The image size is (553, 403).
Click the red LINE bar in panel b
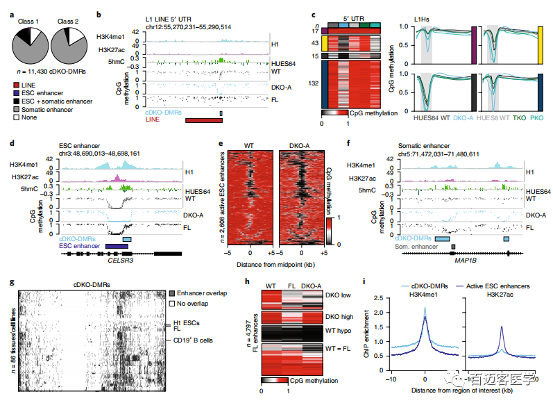205,120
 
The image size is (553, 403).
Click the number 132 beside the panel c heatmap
314,83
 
